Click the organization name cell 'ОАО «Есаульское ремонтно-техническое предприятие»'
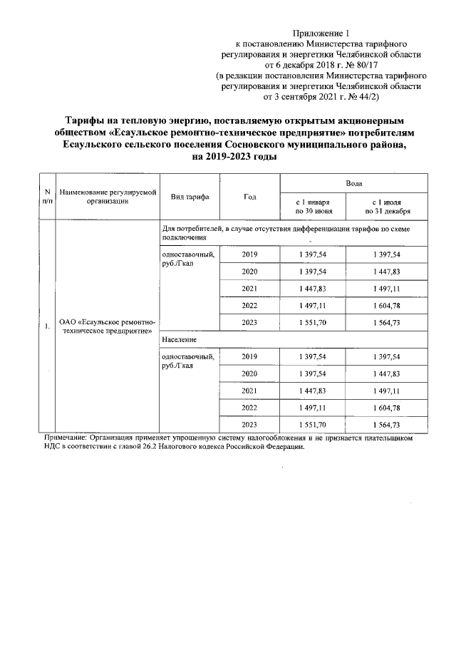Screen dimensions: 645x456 click(108, 327)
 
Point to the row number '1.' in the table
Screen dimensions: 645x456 click(47, 327)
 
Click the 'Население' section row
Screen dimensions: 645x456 click(180, 341)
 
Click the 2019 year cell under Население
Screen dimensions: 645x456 click(249, 356)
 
